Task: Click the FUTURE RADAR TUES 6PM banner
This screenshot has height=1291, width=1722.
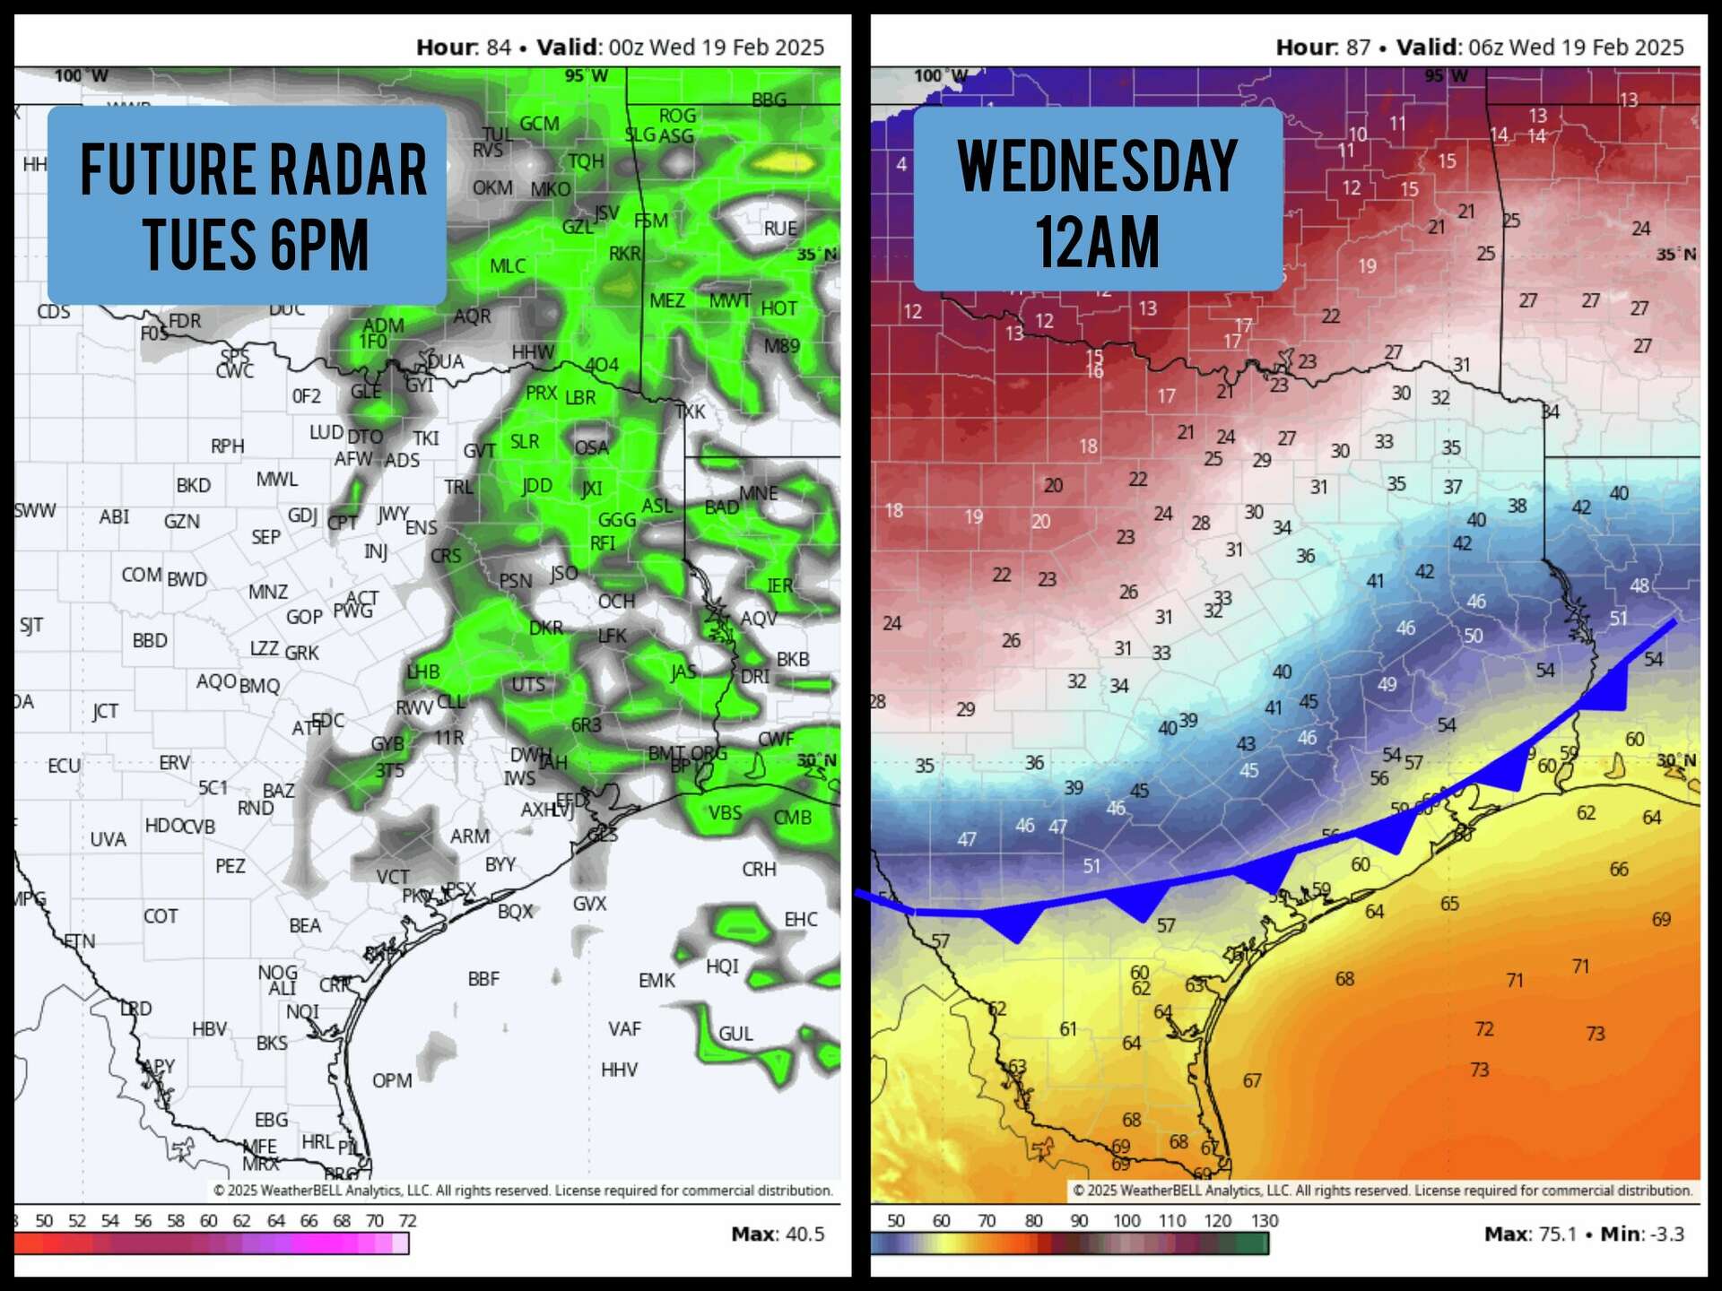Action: [248, 205]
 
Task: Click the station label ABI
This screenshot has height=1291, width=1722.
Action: [114, 516]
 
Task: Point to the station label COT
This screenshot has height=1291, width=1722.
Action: [161, 916]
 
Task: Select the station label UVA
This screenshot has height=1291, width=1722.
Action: [108, 839]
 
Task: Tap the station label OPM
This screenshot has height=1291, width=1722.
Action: [392, 1080]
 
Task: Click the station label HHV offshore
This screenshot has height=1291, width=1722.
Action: [619, 1070]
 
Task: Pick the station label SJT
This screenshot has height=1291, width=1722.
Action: [31, 625]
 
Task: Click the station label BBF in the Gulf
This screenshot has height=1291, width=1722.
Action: [483, 979]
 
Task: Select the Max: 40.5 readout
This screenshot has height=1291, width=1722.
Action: [778, 1234]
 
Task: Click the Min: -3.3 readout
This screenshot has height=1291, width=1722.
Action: [1642, 1234]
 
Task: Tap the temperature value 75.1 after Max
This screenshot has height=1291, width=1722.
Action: [1558, 1234]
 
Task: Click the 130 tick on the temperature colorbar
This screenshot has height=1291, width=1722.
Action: [1264, 1220]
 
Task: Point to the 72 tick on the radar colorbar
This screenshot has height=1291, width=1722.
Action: [407, 1220]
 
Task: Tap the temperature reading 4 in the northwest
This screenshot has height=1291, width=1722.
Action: [901, 164]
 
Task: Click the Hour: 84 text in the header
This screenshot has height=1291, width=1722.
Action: [463, 47]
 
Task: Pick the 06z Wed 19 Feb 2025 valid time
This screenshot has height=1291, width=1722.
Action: [1576, 47]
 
